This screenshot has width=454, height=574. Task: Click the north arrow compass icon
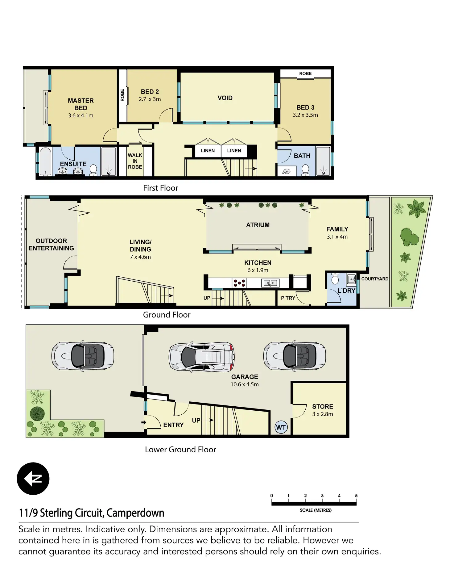[33, 479]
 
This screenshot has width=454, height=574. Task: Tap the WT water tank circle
[281, 428]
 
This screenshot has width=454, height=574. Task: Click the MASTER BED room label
[81, 104]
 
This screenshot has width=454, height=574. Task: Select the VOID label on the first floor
[225, 98]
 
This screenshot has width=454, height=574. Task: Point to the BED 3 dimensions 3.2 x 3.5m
[305, 115]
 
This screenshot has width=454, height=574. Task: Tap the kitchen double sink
[270, 283]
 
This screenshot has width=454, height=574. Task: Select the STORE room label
[323, 406]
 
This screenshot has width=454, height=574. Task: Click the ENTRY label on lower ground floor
[173, 425]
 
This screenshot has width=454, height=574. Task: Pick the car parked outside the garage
[83, 355]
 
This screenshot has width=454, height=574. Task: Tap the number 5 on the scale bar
[356, 496]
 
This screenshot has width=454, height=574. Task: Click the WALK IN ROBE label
[135, 161]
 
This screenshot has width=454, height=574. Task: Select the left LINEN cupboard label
[208, 151]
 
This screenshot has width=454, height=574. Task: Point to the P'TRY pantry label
[288, 298]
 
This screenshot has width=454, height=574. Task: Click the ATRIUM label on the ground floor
[258, 225]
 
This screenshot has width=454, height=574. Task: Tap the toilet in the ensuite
[93, 170]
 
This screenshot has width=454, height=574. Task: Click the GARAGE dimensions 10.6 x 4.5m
[245, 384]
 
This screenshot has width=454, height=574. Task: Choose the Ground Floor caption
[167, 315]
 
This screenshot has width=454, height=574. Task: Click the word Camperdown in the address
[135, 513]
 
